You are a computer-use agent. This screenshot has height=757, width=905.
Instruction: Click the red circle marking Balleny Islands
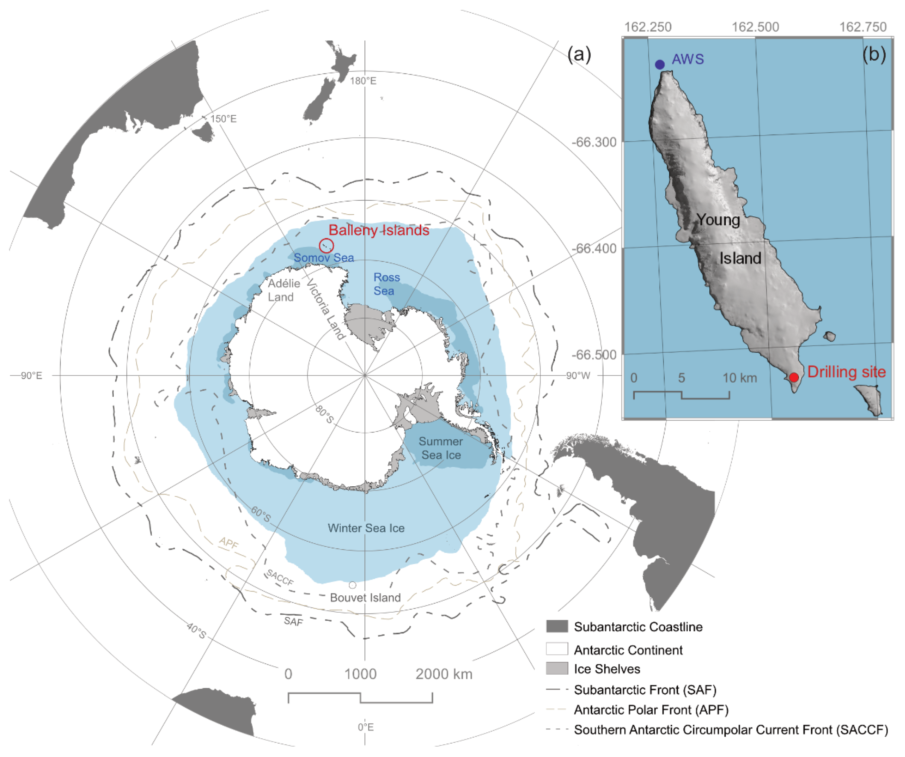(326, 246)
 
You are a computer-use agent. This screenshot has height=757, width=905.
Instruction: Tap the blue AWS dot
(659, 65)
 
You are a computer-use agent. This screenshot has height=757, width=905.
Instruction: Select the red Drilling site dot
(794, 377)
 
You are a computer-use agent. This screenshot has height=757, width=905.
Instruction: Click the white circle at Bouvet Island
(353, 585)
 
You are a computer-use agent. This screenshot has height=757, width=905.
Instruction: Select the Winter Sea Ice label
(366, 528)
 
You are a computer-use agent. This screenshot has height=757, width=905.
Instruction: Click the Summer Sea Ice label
(441, 448)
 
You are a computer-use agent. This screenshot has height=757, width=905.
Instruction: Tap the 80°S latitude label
(324, 414)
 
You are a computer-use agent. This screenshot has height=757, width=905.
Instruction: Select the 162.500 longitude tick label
(755, 27)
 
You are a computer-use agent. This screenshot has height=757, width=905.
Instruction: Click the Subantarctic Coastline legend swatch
(557, 626)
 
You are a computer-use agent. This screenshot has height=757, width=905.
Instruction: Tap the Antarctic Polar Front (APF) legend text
(651, 710)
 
